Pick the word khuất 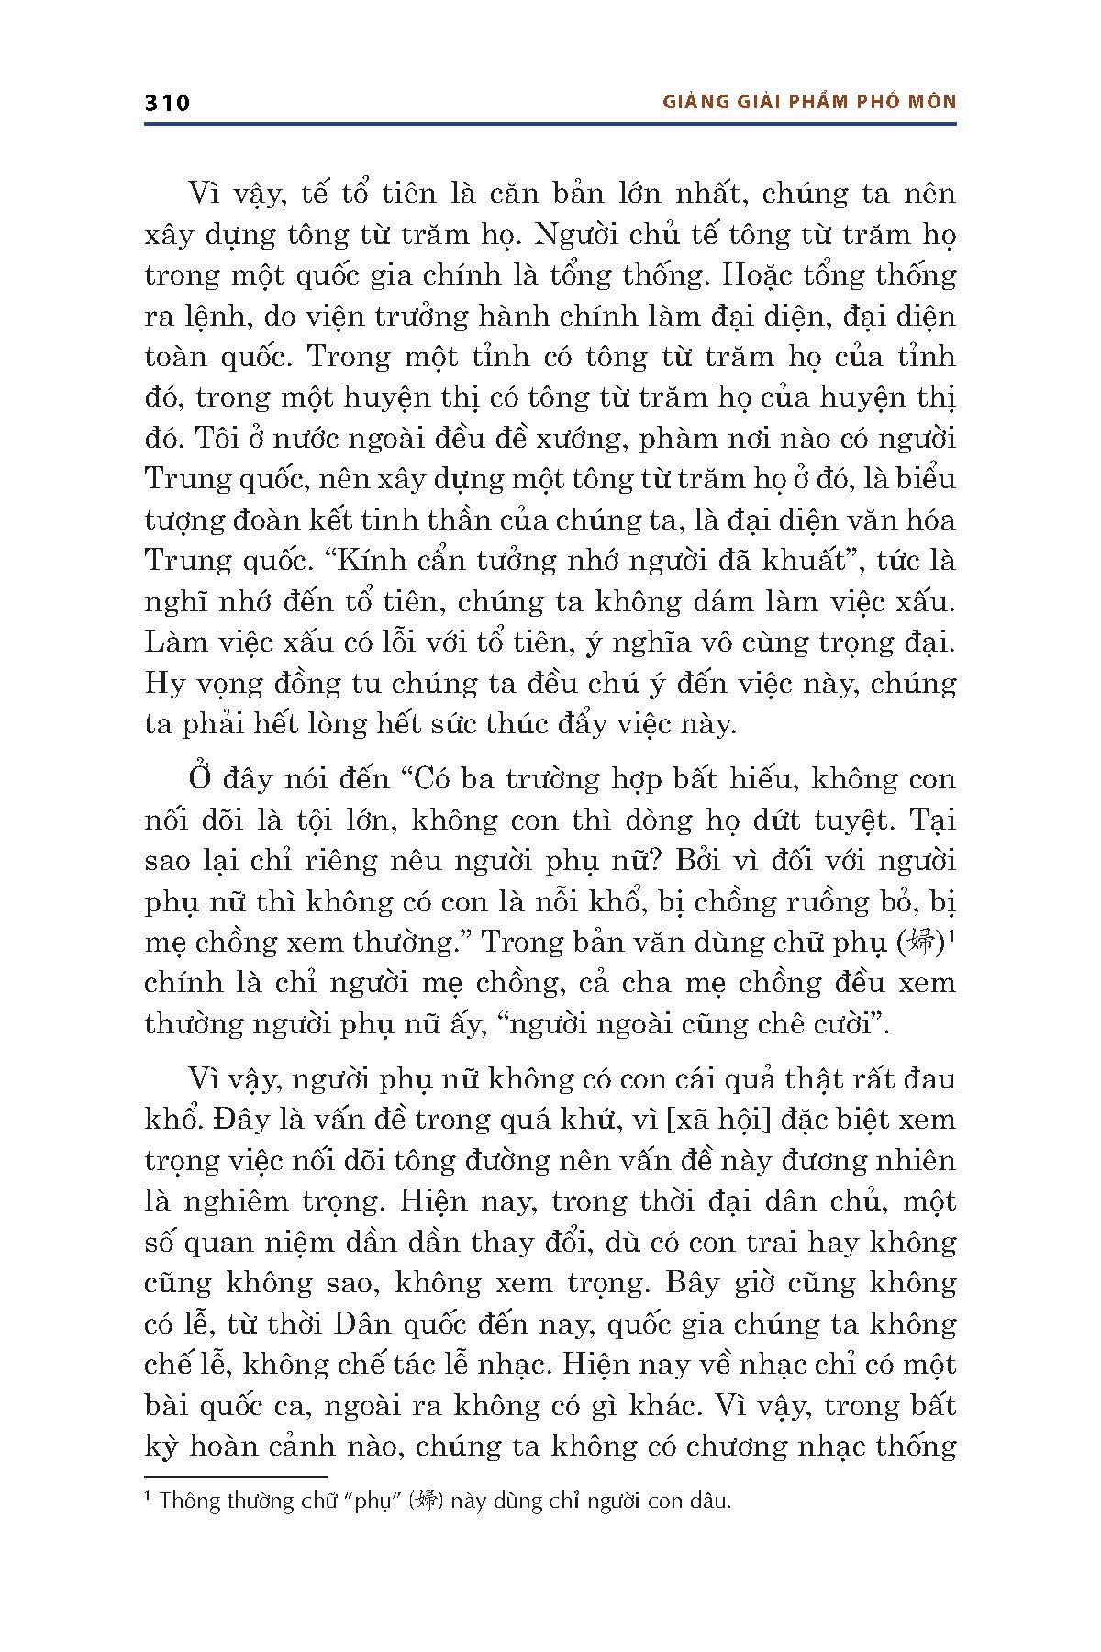[829, 560]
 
